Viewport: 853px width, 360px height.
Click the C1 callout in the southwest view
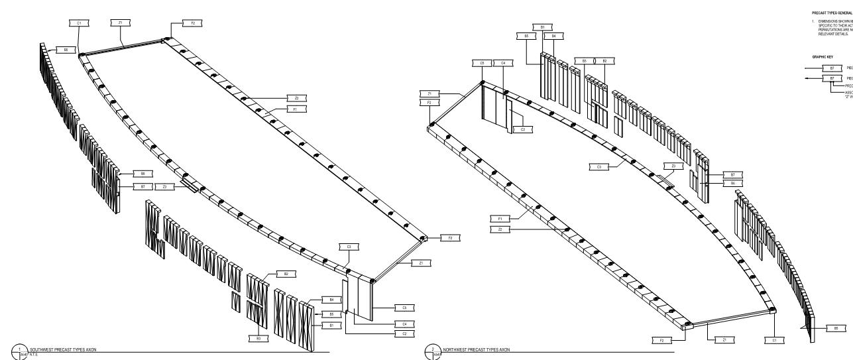click(79, 23)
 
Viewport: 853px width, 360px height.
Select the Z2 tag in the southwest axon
click(305, 97)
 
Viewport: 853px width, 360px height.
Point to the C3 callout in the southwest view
click(349, 247)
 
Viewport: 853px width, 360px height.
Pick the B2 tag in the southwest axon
click(286, 274)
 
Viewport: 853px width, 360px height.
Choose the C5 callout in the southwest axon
click(404, 308)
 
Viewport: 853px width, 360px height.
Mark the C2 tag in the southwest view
click(404, 333)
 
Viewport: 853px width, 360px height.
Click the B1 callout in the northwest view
click(543, 27)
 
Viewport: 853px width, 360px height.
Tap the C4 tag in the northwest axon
click(503, 63)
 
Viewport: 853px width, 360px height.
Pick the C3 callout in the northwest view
click(598, 167)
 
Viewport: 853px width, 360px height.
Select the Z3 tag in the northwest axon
click(673, 166)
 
